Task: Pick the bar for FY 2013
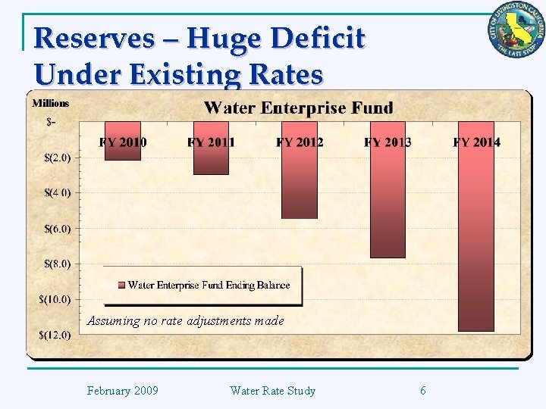[388, 204]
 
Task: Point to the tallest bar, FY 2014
[476, 242]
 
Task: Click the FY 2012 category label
[300, 142]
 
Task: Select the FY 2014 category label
[476, 142]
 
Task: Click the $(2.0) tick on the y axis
[58, 158]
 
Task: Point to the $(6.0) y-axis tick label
[58, 228]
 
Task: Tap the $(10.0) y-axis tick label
[55, 299]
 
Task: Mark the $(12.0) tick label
[55, 335]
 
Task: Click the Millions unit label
[50, 103]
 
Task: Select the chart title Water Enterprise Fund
[298, 108]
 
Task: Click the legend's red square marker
[121, 286]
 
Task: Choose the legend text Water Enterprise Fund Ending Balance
[209, 286]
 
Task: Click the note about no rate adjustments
[185, 321]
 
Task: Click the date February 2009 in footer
[122, 391]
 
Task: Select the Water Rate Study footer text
[272, 391]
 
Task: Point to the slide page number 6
[422, 391]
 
